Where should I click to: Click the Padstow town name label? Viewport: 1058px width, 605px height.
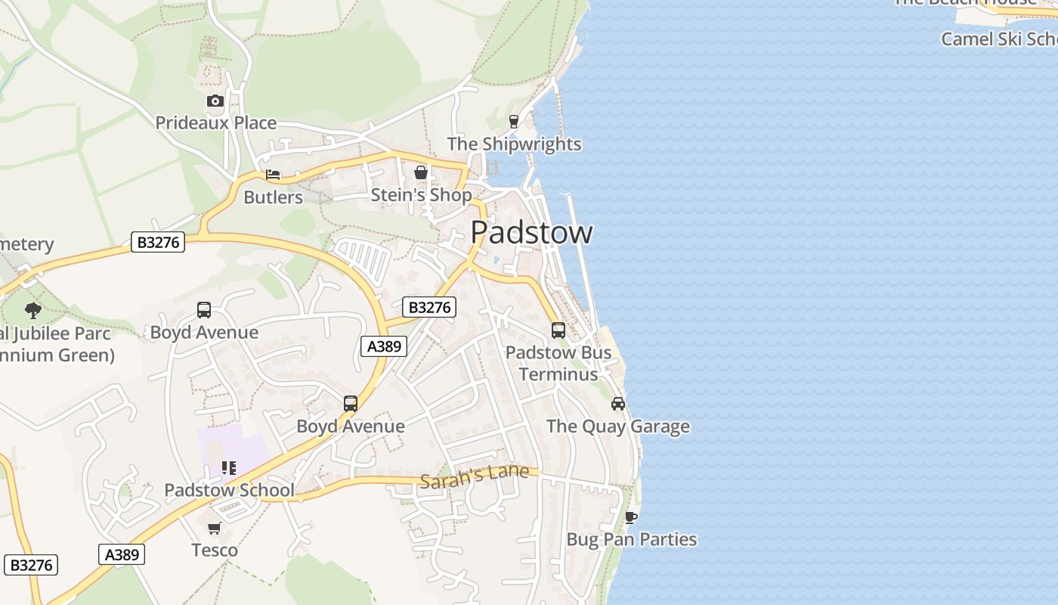(531, 232)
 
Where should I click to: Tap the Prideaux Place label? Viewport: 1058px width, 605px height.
(216, 123)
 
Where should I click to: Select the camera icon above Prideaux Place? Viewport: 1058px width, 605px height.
(215, 101)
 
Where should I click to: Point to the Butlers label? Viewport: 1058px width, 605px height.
(273, 197)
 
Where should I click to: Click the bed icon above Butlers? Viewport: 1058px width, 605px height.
(273, 175)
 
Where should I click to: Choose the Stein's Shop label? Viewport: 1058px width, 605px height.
(421, 195)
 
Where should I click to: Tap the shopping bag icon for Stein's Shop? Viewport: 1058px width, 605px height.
(421, 172)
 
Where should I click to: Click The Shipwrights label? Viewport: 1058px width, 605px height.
(514, 144)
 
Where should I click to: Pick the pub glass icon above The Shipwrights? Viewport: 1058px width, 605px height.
(514, 122)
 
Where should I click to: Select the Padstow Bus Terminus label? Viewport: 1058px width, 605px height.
(558, 363)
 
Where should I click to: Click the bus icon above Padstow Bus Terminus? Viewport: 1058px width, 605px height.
(558, 330)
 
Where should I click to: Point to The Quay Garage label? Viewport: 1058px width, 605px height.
(617, 427)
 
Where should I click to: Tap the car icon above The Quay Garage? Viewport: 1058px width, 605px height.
(618, 404)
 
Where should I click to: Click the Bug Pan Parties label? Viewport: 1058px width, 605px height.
(631, 539)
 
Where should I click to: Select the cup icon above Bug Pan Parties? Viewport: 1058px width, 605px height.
(631, 517)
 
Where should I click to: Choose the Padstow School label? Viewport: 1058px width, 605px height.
(229, 490)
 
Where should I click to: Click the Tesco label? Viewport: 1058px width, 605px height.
(215, 550)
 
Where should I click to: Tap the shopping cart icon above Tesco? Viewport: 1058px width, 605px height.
(215, 528)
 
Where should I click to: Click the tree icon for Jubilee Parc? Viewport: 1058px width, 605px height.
(32, 310)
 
